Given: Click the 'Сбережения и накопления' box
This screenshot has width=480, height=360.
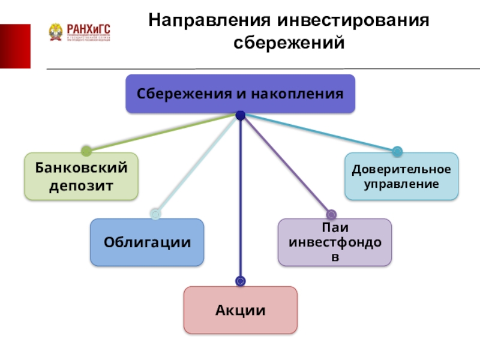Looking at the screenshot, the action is tap(240, 94).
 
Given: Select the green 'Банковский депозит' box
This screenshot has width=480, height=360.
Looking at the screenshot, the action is tap(81, 176).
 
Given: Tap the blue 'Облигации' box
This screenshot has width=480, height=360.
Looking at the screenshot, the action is tap(147, 242).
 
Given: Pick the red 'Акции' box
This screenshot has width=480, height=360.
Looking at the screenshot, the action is tap(240, 310).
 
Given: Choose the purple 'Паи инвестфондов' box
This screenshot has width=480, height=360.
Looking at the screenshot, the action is tap(334, 242).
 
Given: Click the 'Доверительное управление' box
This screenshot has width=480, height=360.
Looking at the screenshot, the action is tap(401, 176).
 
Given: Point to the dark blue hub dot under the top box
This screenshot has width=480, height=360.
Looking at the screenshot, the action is tap(240, 115).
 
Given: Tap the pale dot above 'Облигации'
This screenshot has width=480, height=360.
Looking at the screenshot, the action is tap(155, 214).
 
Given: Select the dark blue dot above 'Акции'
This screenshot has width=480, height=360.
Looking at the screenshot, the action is tap(240, 281).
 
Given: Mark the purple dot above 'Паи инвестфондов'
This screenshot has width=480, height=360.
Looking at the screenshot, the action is tap(331, 214).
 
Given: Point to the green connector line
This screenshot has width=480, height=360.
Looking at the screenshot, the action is tap(162, 132).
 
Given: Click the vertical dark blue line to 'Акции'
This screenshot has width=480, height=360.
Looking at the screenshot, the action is tap(240, 198).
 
